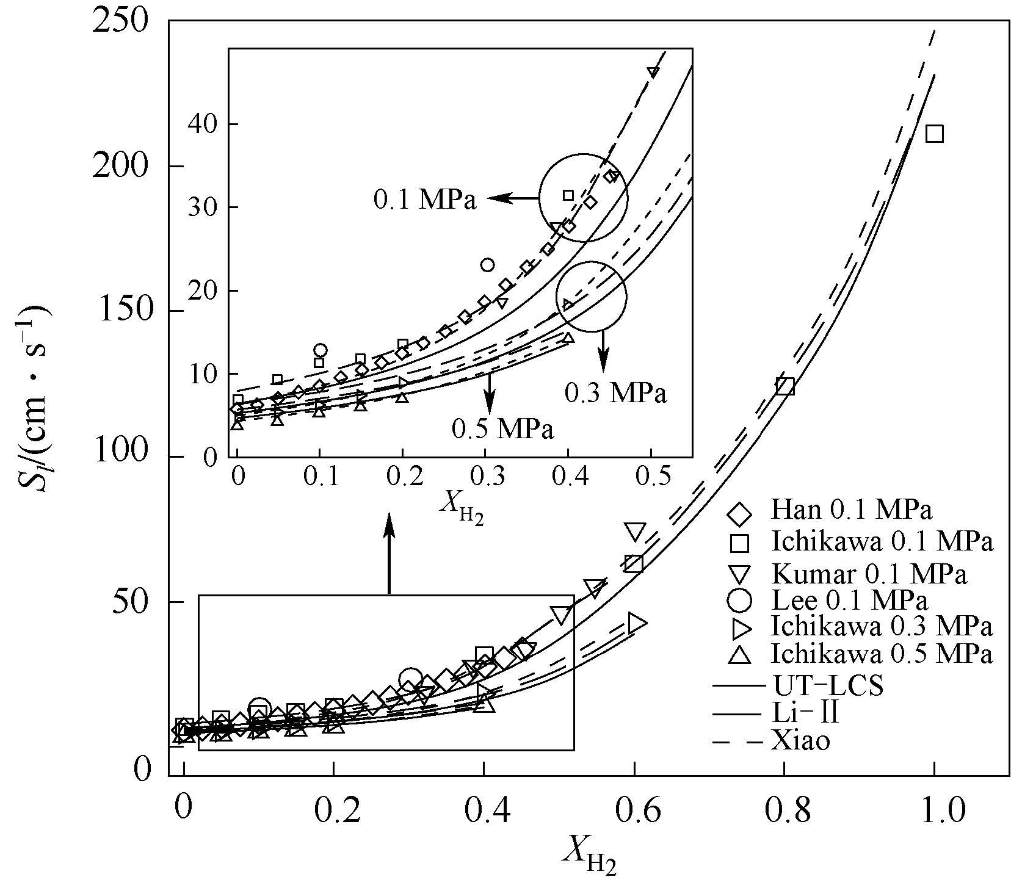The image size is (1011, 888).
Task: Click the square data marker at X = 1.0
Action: pos(934,134)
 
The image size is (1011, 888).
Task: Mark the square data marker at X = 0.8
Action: pos(785,386)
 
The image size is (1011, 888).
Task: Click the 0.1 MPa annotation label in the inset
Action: pos(425,200)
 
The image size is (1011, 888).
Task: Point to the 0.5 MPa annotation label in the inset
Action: pos(502,429)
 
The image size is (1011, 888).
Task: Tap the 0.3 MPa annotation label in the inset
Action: pos(615,394)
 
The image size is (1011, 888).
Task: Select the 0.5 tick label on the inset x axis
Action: pos(651,477)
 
